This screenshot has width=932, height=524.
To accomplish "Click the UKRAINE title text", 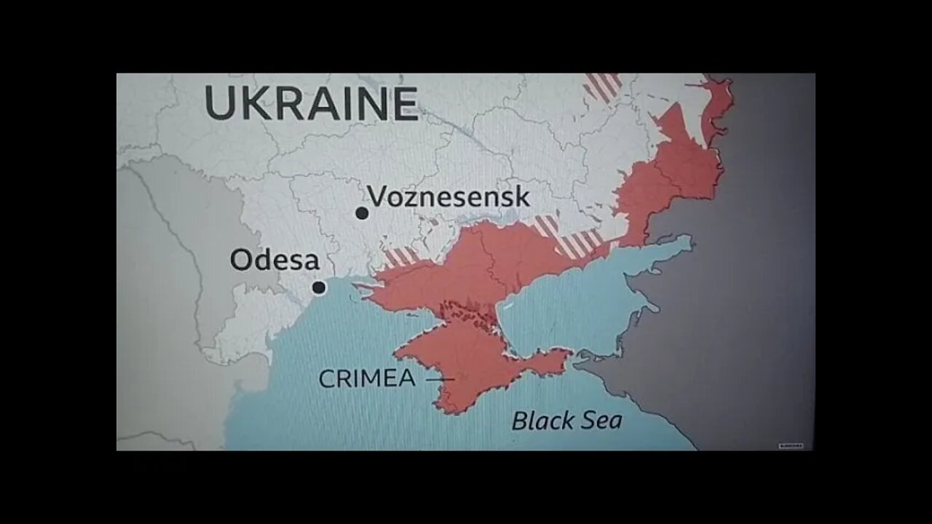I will pyautogui.click(x=312, y=103).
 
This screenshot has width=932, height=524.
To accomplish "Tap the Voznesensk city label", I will pyautogui.click(x=448, y=197).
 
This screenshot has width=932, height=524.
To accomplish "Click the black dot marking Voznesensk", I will pyautogui.click(x=362, y=213).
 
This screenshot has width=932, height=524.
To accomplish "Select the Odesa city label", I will pyautogui.click(x=275, y=261).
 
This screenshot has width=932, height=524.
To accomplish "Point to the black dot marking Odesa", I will pyautogui.click(x=319, y=287).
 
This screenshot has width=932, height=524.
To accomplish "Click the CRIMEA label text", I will pyautogui.click(x=367, y=378).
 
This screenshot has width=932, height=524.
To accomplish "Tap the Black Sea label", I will pyautogui.click(x=566, y=420).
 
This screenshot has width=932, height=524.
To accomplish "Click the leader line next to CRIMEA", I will pyautogui.click(x=439, y=379).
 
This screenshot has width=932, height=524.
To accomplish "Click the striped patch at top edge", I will pyautogui.click(x=603, y=86).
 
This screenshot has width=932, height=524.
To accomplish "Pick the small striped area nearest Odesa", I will pyautogui.click(x=402, y=256).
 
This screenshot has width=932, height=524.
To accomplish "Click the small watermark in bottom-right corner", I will pyautogui.click(x=791, y=445).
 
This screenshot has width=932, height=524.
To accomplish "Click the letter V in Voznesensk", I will pyautogui.click(x=376, y=196).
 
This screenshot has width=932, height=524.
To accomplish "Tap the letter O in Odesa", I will pyautogui.click(x=242, y=261).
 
